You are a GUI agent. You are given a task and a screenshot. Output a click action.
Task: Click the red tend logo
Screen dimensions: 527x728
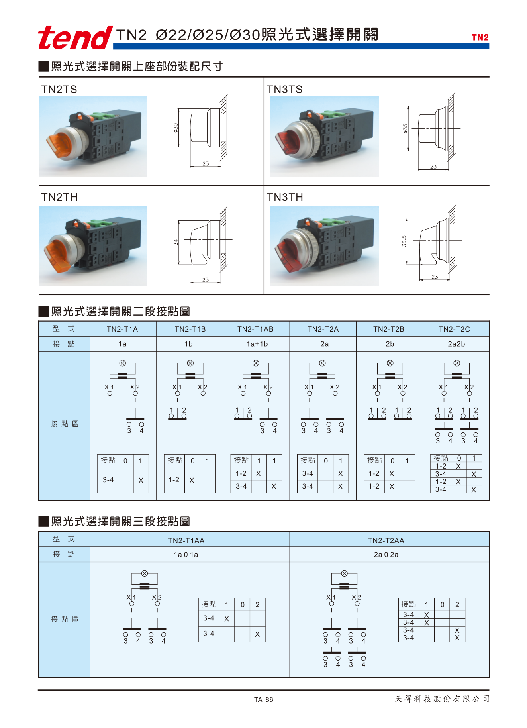[x=75, y=37]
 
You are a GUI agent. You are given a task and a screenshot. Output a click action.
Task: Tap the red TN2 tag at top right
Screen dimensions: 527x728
[x=480, y=37]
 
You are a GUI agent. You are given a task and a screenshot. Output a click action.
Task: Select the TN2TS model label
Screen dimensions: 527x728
[x=59, y=89]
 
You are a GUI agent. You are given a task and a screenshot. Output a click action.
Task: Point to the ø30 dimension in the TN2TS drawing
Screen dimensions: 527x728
[x=176, y=128]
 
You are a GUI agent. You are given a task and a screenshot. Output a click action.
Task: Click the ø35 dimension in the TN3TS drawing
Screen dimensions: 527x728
[x=405, y=128]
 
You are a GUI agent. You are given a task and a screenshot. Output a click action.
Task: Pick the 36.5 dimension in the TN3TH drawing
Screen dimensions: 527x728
[x=404, y=241]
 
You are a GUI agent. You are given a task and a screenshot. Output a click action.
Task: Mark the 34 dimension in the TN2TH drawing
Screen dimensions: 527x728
[x=176, y=242]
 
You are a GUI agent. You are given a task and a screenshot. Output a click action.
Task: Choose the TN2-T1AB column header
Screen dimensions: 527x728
[x=255, y=329]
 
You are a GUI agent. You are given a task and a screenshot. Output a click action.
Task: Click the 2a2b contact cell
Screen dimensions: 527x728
[x=456, y=344]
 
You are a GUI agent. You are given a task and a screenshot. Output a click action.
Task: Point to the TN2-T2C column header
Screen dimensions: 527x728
[x=454, y=329]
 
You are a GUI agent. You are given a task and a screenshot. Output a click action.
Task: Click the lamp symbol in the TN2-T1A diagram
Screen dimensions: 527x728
[x=123, y=363]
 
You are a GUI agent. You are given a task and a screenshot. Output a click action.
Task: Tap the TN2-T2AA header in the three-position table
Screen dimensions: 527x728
[x=386, y=540]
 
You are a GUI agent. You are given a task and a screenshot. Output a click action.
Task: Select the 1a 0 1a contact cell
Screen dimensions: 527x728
[x=186, y=555]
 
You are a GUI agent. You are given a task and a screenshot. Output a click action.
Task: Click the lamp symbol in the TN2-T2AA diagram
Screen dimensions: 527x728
[x=345, y=573]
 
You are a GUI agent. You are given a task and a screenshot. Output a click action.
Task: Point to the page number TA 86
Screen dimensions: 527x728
[x=264, y=700]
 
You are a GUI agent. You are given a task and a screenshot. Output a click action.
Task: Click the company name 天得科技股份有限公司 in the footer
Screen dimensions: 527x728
[x=442, y=699]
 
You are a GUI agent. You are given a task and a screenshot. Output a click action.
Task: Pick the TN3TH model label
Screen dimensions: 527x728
[x=285, y=197]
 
